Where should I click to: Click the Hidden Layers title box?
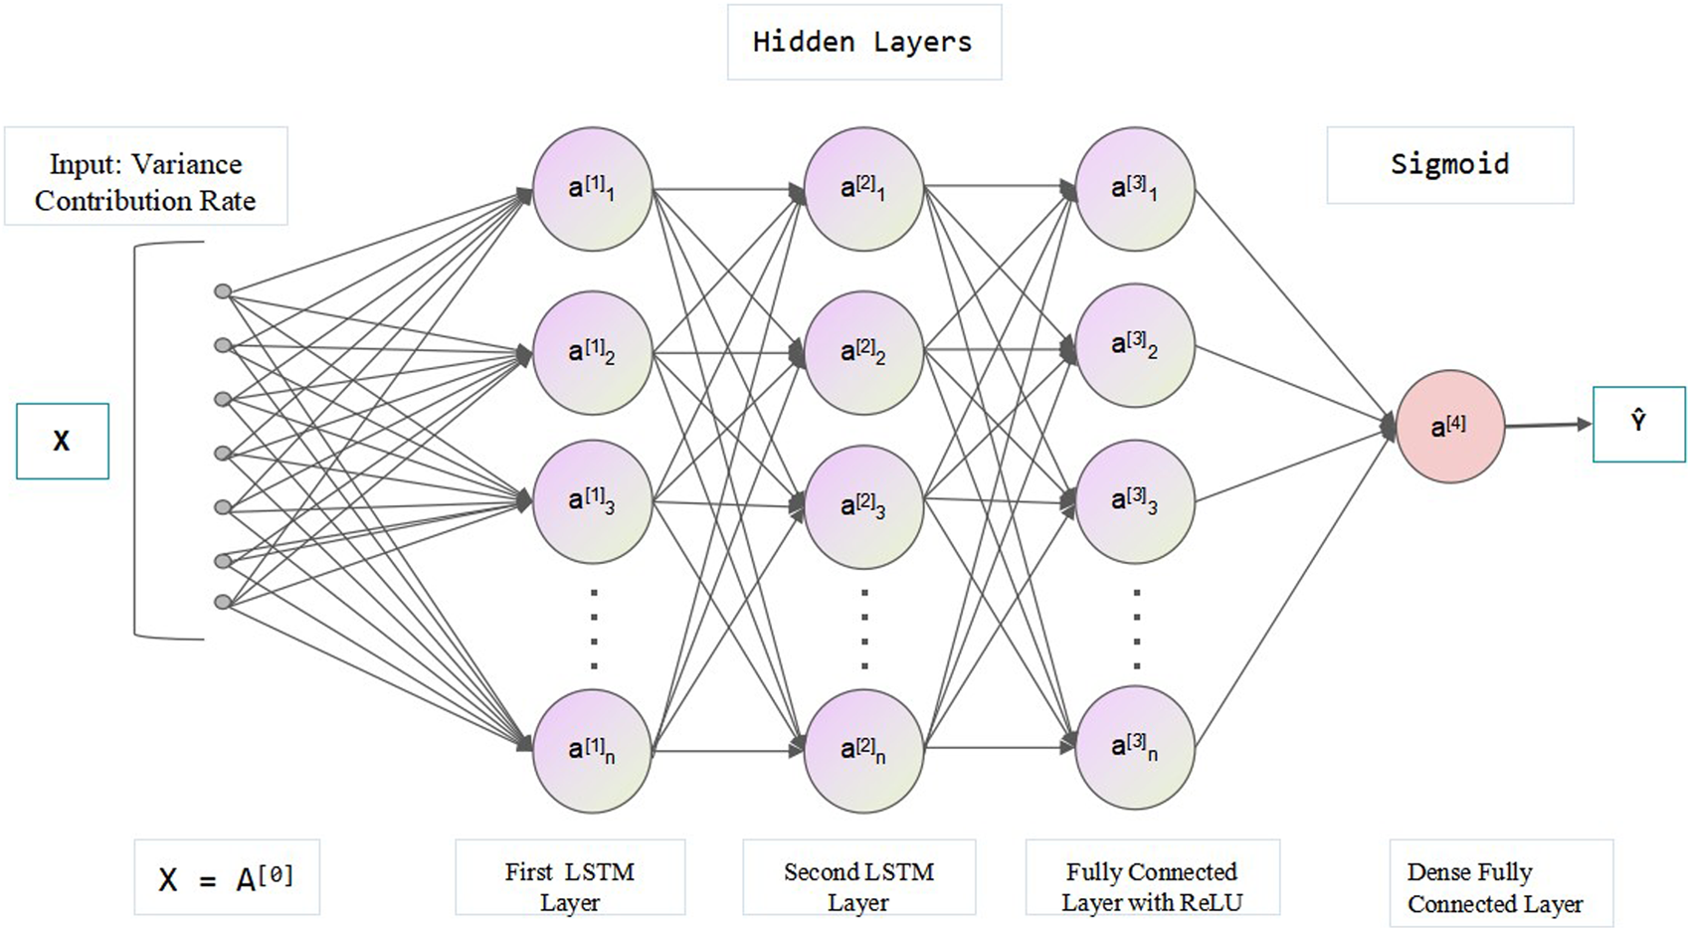(863, 42)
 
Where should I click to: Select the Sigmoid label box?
(1449, 164)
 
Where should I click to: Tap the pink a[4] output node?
(1449, 427)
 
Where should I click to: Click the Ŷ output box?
(1638, 424)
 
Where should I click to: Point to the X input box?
(62, 441)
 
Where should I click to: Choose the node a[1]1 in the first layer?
(592, 188)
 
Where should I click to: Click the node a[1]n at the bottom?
(592, 750)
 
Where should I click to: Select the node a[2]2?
(863, 351)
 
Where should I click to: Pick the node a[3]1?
(1135, 188)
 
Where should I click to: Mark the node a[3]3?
(1135, 501)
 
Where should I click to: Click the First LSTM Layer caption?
(570, 887)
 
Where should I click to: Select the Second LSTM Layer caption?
(858, 887)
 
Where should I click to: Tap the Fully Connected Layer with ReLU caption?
(1152, 887)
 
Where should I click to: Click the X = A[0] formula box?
(227, 878)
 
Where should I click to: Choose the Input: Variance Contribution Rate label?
(145, 182)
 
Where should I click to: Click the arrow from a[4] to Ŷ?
(1547, 426)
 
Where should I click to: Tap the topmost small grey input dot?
(224, 291)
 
